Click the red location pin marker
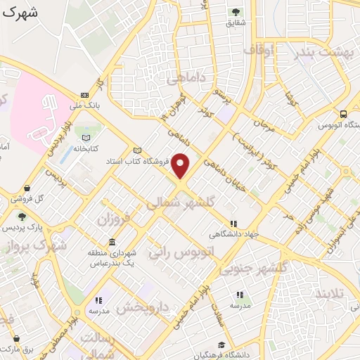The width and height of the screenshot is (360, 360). point(181,166)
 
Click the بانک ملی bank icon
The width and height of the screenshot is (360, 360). point(85,95)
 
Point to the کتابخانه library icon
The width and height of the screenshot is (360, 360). point(86,138)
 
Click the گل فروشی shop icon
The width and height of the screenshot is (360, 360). point(27,188)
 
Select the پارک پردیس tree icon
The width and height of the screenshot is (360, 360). point(22,217)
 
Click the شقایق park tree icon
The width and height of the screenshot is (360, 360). point(235,12)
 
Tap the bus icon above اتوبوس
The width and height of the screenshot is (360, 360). point(343,114)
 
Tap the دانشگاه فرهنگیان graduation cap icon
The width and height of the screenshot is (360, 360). point(221,345)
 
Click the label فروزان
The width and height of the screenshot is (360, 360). point(115,220)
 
